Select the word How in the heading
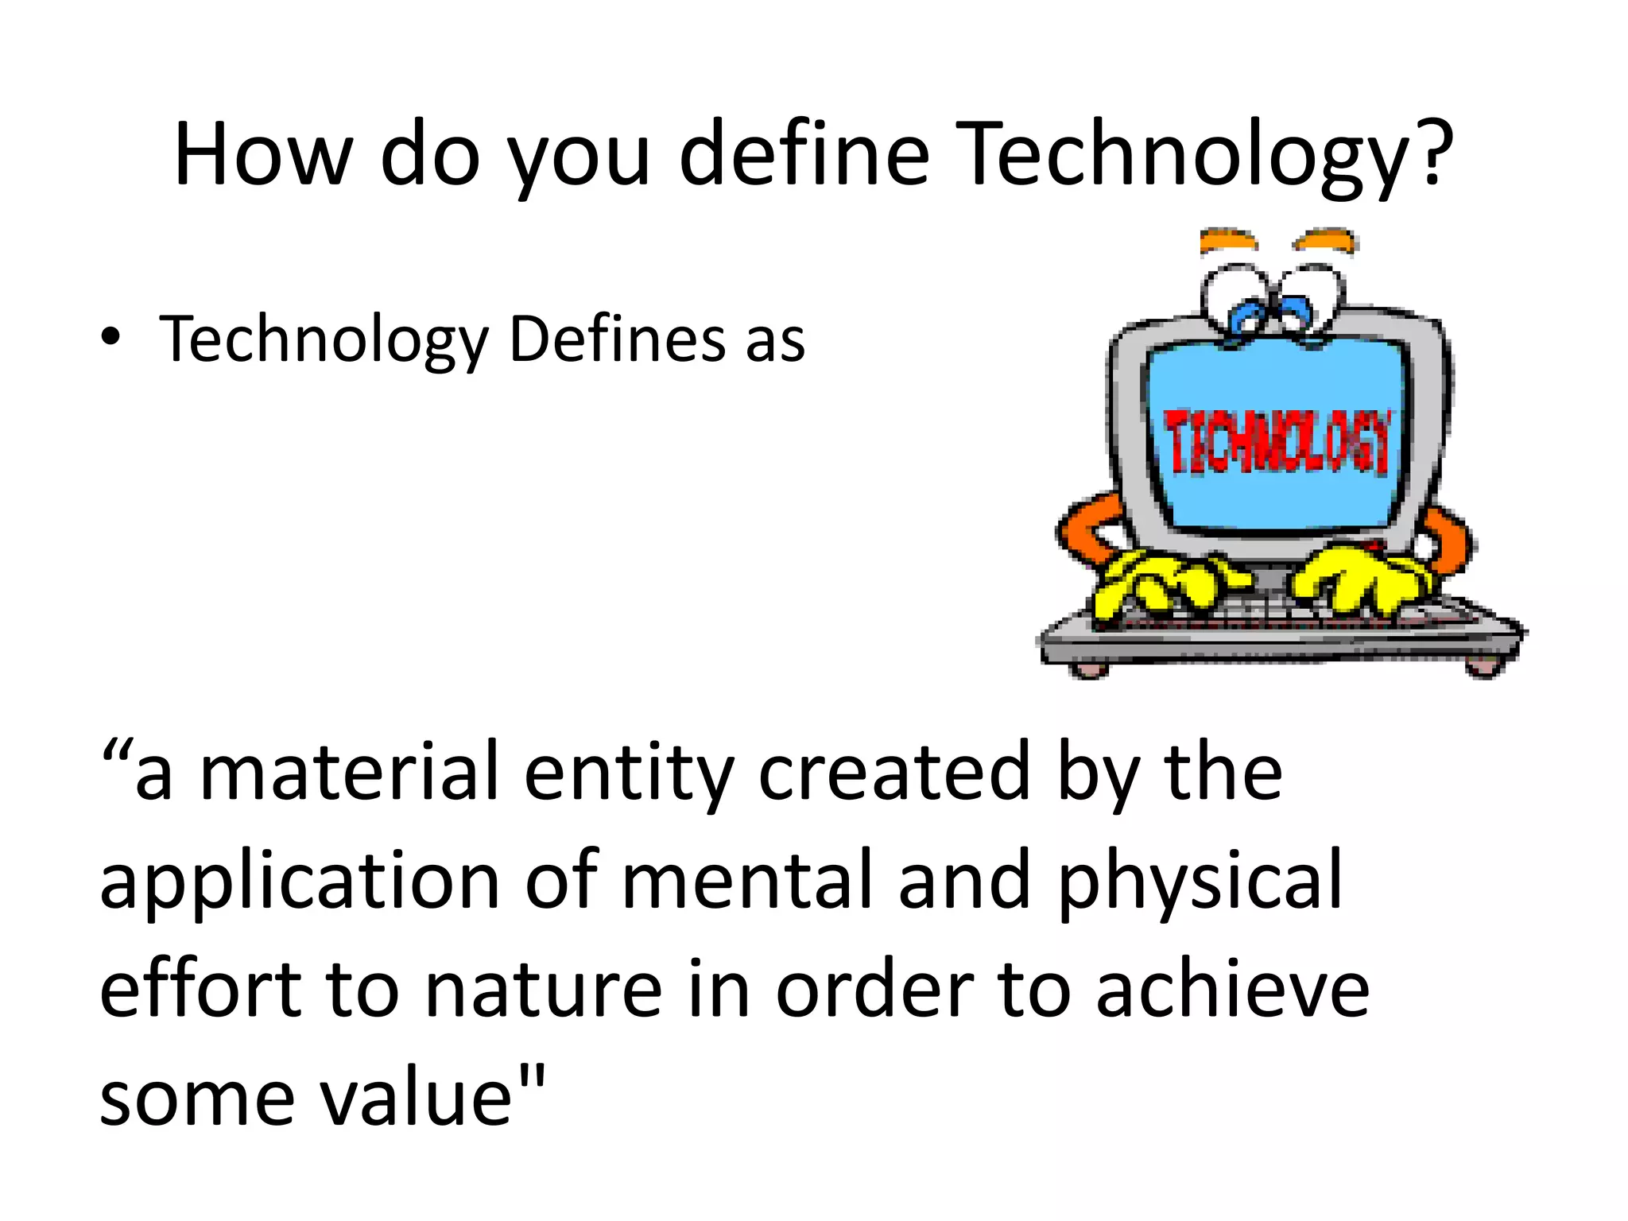pos(262,155)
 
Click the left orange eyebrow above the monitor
pos(1228,240)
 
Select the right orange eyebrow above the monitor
pos(1325,239)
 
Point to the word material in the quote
pos(350,771)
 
